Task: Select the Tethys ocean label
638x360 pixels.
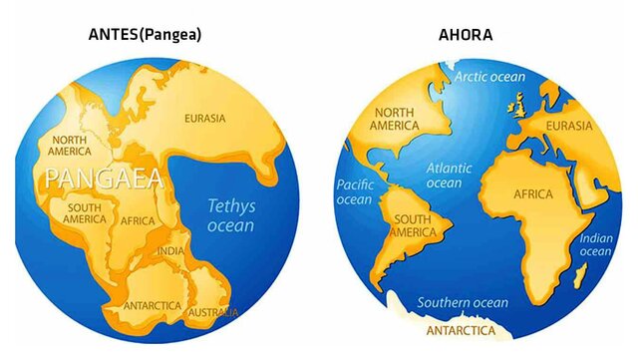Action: point(230,215)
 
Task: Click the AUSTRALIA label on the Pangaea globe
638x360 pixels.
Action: point(214,312)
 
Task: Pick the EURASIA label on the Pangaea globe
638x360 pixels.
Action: point(205,118)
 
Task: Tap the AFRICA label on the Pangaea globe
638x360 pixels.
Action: point(137,220)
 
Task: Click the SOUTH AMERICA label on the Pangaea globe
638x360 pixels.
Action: point(85,213)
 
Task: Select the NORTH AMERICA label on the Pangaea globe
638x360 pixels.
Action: point(72,146)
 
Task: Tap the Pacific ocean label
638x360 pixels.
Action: point(354,191)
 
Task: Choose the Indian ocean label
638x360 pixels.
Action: point(595,244)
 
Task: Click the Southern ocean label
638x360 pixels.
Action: point(463,302)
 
